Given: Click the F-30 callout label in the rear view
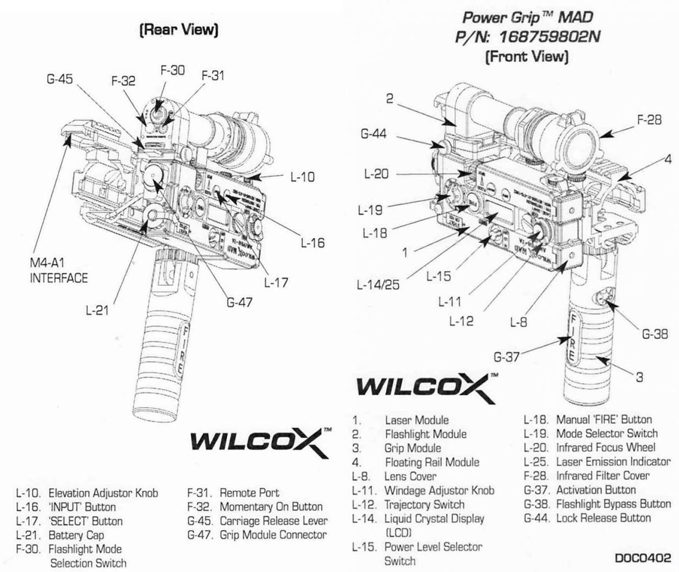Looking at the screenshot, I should pyautogui.click(x=172, y=70).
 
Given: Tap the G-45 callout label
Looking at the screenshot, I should pyautogui.click(x=59, y=79).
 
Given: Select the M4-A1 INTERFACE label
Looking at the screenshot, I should pyautogui.click(x=58, y=271).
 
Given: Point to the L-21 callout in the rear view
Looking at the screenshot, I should pyautogui.click(x=97, y=310).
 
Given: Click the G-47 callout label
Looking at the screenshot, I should pyautogui.click(x=239, y=302).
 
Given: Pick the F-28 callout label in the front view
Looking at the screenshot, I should pyautogui.click(x=649, y=119).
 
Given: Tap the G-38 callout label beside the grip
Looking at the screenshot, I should pyautogui.click(x=655, y=334).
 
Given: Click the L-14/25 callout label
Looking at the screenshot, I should pyautogui.click(x=378, y=285).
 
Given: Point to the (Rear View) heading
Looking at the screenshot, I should pyautogui.click(x=179, y=30).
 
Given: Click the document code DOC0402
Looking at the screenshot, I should pyautogui.click(x=643, y=558).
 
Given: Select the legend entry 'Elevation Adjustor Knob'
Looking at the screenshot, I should pyautogui.click(x=103, y=493).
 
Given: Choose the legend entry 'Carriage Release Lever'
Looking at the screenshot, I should pyautogui.click(x=273, y=521).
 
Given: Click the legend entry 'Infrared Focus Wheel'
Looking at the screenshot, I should pyautogui.click(x=605, y=448).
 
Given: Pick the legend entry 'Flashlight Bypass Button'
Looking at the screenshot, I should pyautogui.click(x=613, y=504).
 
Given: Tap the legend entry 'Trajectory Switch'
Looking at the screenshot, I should pyautogui.click(x=424, y=504).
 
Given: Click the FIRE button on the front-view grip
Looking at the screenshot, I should pyautogui.click(x=572, y=339).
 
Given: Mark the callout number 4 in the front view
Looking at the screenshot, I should pyautogui.click(x=667, y=159).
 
